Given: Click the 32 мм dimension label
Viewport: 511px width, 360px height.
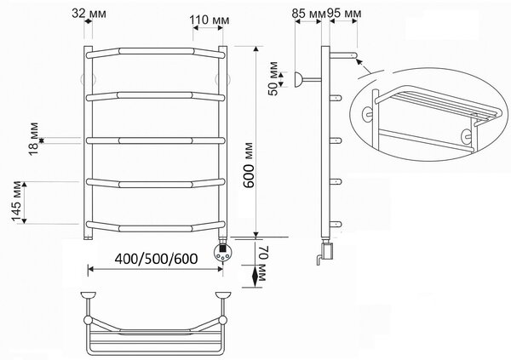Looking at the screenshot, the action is tap(89, 14).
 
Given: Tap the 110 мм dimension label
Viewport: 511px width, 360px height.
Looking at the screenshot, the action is tap(210, 20).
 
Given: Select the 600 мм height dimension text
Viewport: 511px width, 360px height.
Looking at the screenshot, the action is tap(250, 165).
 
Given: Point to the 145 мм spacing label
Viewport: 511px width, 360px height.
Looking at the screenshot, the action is tap(16, 202).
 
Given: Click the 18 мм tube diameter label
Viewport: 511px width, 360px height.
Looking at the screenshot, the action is tap(33, 139).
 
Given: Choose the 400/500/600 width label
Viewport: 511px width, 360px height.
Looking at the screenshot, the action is tap(156, 259).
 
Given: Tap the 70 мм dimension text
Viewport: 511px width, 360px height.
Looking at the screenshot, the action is tap(263, 264).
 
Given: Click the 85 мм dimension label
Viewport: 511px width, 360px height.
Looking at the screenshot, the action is tap(308, 14).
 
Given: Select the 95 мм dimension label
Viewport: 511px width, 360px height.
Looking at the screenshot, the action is tap(344, 14).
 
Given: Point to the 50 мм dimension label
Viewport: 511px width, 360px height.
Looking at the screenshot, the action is tap(273, 78).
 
